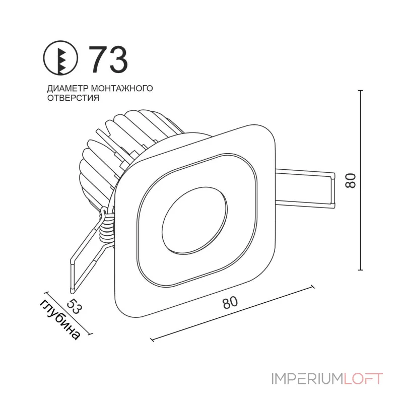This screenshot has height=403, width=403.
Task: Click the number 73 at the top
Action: click(x=108, y=59)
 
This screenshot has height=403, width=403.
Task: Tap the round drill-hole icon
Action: click(x=60, y=58)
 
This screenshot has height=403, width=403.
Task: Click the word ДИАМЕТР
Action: click(x=68, y=89)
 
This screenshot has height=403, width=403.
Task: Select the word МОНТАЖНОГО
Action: click(x=122, y=88)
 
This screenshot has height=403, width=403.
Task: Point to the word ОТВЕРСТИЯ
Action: click(x=73, y=98)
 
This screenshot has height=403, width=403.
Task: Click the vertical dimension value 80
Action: click(x=351, y=181)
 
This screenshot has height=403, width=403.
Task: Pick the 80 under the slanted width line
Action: click(x=230, y=302)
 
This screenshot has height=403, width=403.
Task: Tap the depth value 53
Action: click(x=74, y=306)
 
